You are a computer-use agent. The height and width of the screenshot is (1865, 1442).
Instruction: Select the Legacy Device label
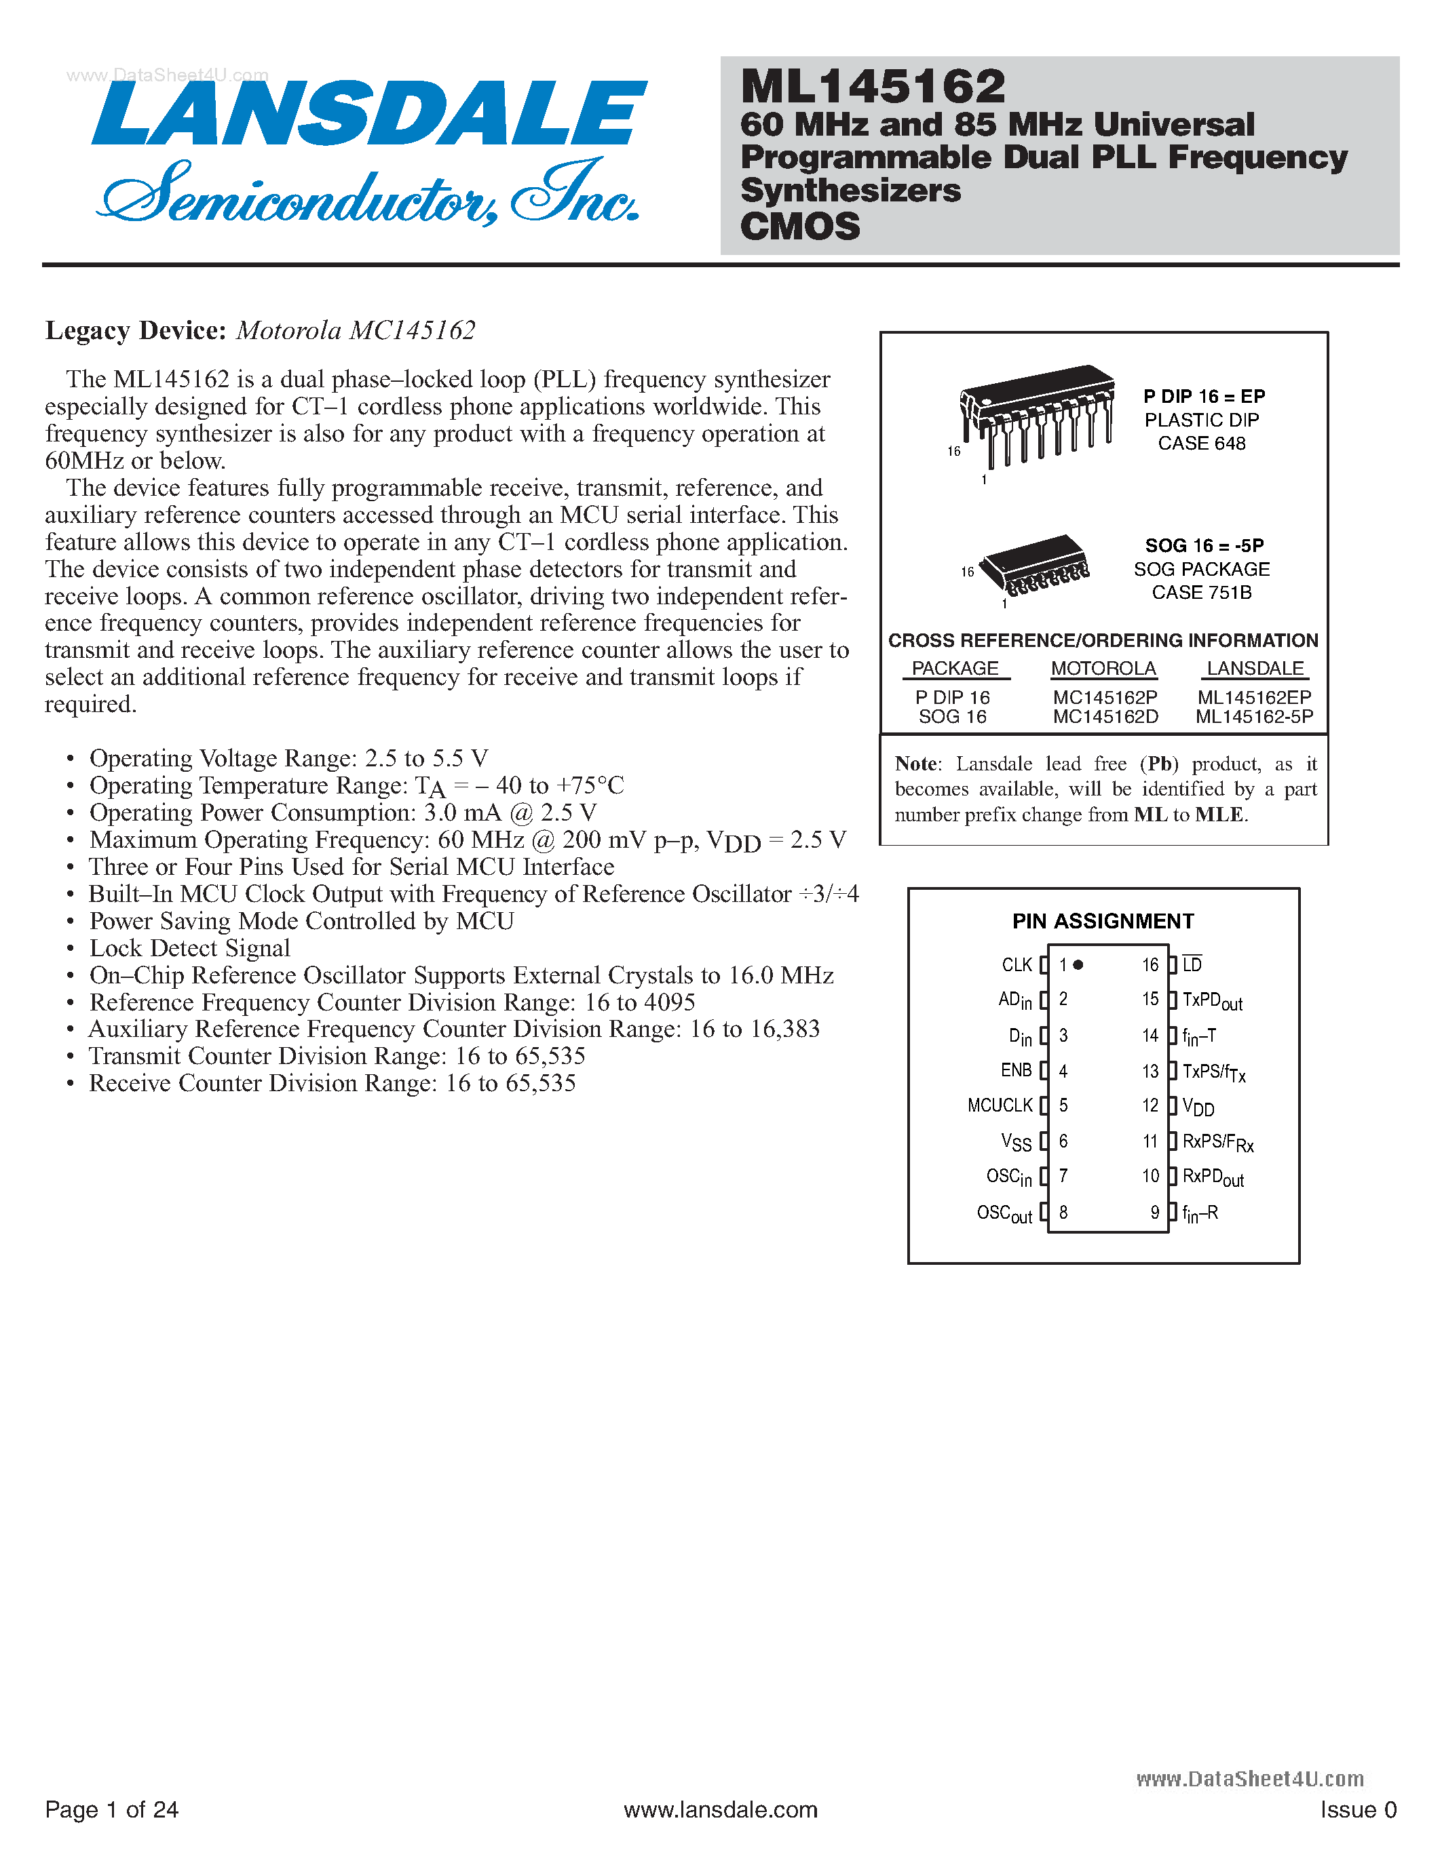[135, 330]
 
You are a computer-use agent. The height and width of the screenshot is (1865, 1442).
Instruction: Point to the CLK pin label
[1017, 965]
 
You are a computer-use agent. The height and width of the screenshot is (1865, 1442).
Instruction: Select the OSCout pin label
[1004, 1213]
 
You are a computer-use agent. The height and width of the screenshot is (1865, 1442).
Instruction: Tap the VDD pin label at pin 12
[1198, 1107]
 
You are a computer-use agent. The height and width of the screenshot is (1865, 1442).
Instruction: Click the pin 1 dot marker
[1078, 965]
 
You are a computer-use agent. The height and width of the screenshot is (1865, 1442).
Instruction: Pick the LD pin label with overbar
[1192, 965]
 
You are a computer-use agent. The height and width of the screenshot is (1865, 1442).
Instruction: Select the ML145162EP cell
[1254, 698]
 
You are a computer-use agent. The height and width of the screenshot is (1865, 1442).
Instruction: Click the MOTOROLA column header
[1103, 669]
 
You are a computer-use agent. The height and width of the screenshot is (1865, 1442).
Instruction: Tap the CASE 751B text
[1201, 593]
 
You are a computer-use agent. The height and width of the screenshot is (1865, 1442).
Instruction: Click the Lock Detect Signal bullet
[189, 948]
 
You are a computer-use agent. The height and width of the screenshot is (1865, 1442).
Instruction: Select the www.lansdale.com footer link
[720, 1809]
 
